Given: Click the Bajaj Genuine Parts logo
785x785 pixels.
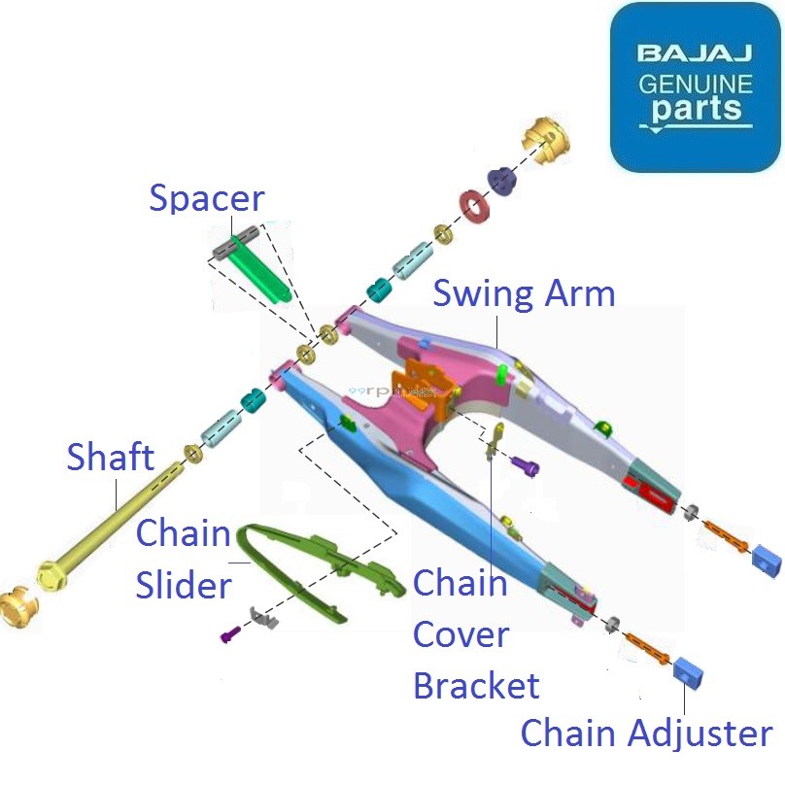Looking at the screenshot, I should click(x=696, y=86).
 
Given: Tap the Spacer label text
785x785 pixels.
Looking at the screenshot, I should click(x=206, y=199).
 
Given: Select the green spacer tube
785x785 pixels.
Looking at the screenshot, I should click(x=262, y=271).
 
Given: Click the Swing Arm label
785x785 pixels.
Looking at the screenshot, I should click(x=524, y=292).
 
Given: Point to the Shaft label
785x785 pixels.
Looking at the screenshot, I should click(x=110, y=456).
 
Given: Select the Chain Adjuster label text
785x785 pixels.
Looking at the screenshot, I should click(x=647, y=734).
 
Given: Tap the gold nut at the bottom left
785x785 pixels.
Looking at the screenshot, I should click(x=17, y=609).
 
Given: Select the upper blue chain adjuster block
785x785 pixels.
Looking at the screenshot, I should click(x=767, y=561).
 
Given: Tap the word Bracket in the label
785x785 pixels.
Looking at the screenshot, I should click(x=476, y=685).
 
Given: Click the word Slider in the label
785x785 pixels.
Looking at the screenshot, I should click(x=184, y=585).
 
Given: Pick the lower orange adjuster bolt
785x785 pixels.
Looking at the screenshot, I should click(x=643, y=644).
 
